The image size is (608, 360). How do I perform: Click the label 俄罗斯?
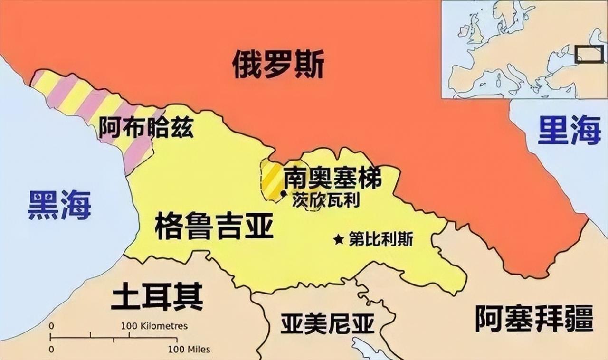point(278,65)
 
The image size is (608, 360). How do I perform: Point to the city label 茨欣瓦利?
point(326,199)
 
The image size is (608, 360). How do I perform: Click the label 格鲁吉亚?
point(214,227)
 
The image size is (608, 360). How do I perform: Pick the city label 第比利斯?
point(380,239)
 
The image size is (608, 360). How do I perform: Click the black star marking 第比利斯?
point(339,239)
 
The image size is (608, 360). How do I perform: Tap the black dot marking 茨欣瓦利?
point(283,193)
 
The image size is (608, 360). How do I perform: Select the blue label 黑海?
point(59,205)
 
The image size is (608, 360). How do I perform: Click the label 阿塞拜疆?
point(534,318)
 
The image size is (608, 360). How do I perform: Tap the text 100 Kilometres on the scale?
point(154,326)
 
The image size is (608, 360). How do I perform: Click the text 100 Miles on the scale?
point(189,350)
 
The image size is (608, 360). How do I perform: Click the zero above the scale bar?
point(51,326)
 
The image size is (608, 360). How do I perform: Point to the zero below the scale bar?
point(51,350)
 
